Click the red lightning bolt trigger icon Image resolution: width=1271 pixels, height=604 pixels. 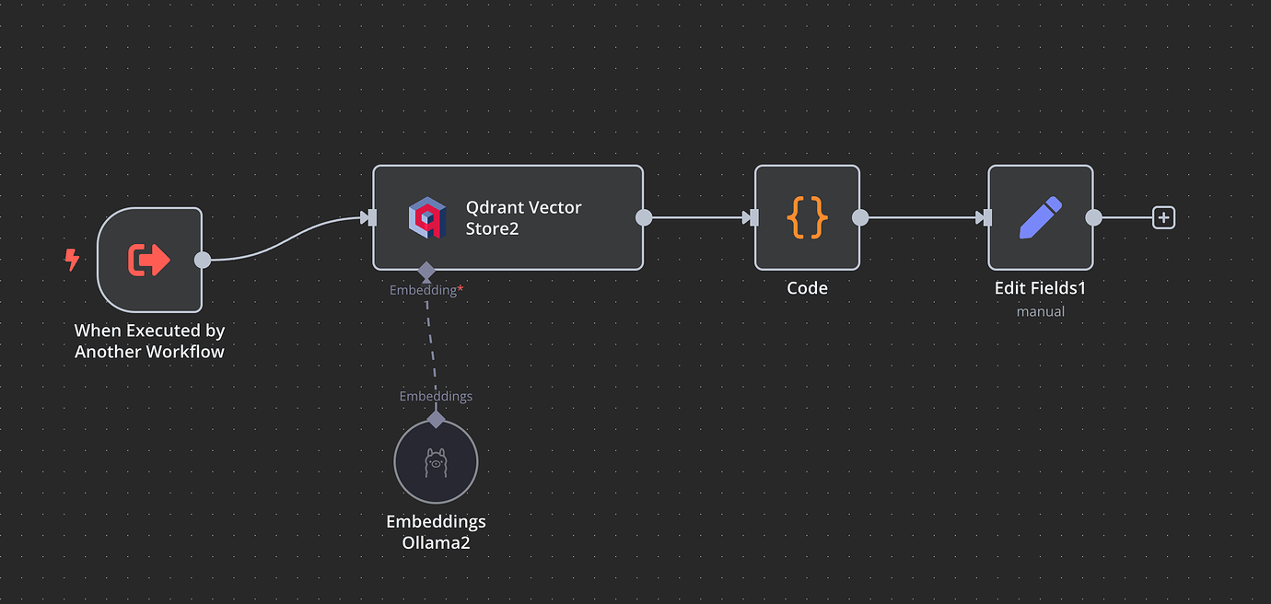72,260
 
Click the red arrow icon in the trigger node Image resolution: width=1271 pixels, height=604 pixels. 148,260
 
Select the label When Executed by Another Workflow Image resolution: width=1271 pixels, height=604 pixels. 149,341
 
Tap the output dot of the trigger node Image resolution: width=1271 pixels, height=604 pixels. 203,260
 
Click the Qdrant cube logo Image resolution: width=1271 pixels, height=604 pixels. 427,217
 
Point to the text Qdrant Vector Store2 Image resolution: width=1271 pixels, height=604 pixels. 523,218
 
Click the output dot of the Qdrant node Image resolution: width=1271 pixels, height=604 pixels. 644,217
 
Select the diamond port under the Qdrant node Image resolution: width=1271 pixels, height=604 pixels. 426,271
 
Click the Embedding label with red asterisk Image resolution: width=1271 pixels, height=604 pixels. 426,290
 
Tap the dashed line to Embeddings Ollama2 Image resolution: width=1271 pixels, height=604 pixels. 431,346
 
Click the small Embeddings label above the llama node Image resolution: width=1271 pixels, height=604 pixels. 436,396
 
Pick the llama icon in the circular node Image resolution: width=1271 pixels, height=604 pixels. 436,462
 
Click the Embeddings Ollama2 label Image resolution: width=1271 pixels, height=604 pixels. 436,532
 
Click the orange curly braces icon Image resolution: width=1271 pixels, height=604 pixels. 807,217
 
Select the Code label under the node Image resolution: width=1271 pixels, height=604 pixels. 807,288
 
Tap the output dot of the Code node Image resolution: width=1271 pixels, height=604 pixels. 860,217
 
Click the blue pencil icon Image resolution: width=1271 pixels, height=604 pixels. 1041,217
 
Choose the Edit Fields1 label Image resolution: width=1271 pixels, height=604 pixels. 1040,288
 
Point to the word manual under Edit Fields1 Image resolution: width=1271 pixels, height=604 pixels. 1041,311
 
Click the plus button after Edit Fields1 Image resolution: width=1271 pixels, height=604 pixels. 1164,217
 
